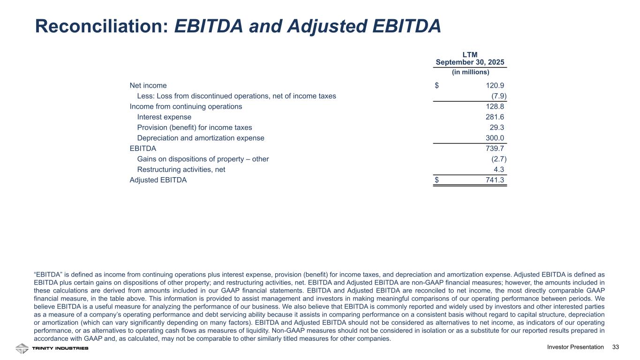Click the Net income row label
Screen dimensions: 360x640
(148, 86)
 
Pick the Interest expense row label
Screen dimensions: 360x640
(164, 117)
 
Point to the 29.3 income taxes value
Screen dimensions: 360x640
(497, 127)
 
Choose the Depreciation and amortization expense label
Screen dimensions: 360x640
(201, 138)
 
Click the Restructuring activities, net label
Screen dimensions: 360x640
(181, 170)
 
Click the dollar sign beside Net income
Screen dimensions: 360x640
(437, 86)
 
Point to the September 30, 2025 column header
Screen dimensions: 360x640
(470, 62)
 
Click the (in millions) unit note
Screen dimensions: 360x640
(470, 72)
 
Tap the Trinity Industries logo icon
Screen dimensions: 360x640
(22, 348)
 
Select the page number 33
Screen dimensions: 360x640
(616, 347)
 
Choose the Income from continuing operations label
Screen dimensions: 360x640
(186, 107)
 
